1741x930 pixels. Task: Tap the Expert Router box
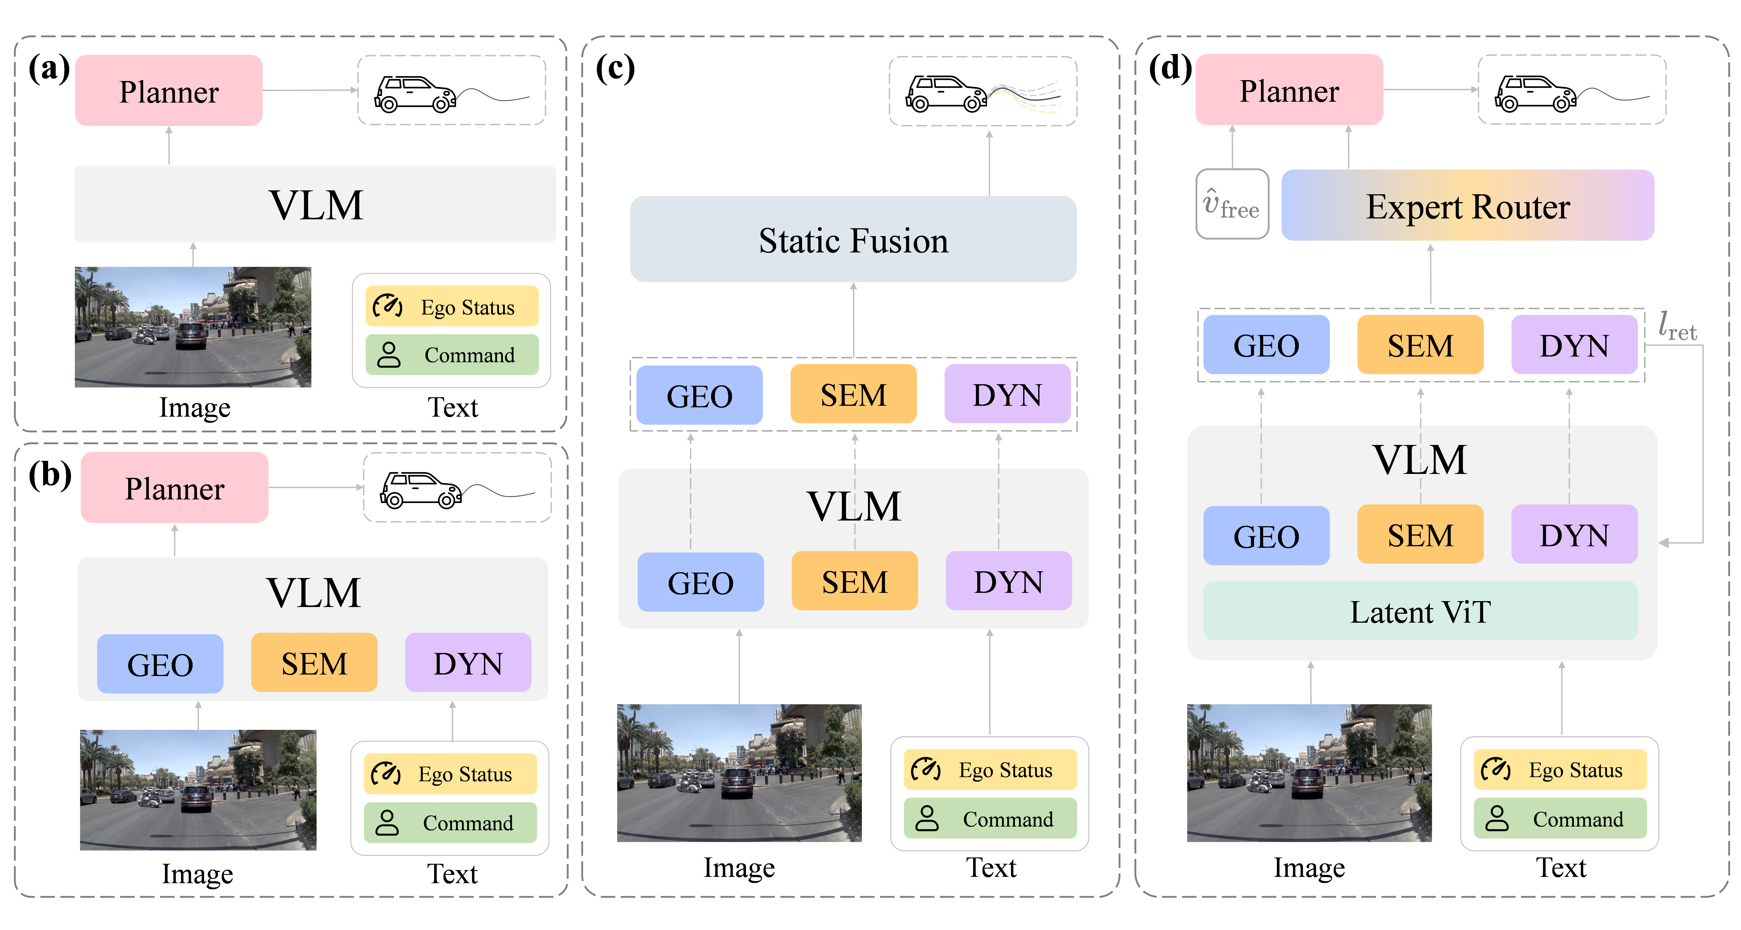pyautogui.click(x=1467, y=206)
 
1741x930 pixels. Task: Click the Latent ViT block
pyautogui.click(x=1420, y=611)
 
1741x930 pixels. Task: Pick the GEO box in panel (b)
pyautogui.click(x=160, y=663)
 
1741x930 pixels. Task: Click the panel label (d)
pyautogui.click(x=1170, y=68)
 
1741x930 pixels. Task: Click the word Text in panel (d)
pyautogui.click(x=1561, y=867)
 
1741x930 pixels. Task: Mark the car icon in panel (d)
pyautogui.click(x=1536, y=93)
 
